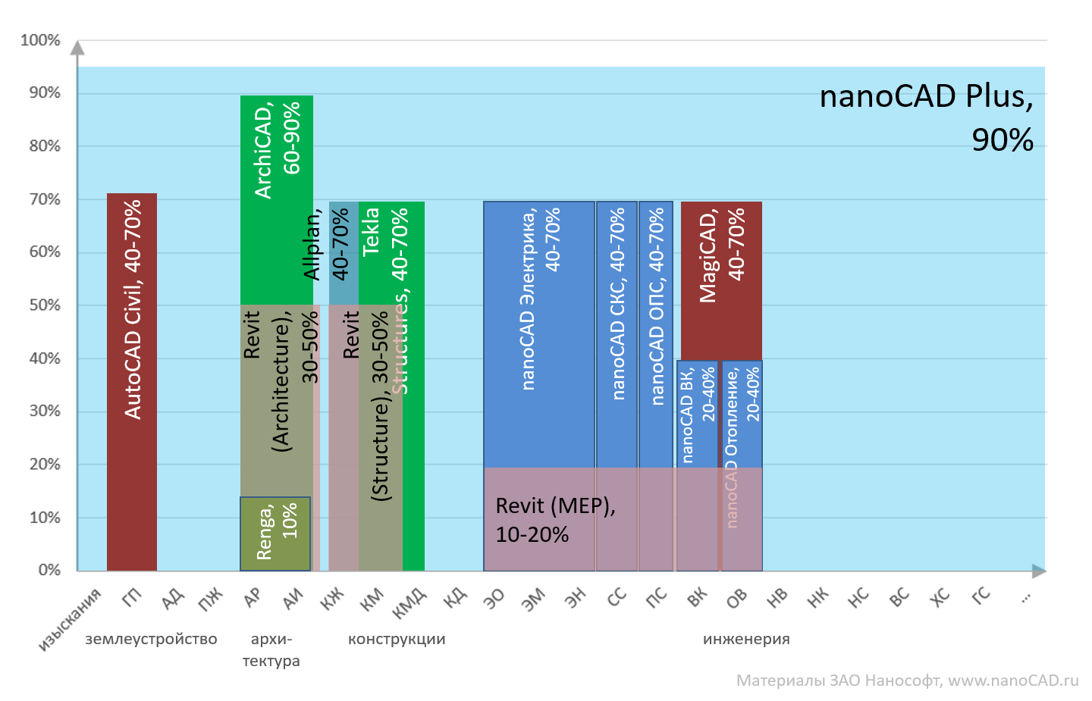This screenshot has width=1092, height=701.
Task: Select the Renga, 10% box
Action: pyautogui.click(x=275, y=533)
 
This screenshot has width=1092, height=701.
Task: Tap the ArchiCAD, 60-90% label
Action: pyautogui.click(x=277, y=151)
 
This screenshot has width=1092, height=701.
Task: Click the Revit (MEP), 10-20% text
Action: pyautogui.click(x=554, y=520)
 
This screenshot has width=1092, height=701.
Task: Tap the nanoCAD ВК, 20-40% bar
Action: pyautogui.click(x=697, y=413)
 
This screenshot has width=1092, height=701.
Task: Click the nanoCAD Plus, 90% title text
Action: pyautogui.click(x=927, y=117)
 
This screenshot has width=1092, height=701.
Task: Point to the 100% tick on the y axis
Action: pyautogui.click(x=40, y=40)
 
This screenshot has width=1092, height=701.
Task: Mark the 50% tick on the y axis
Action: pyautogui.click(x=45, y=305)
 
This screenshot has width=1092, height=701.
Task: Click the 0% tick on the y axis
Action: pyautogui.click(x=49, y=570)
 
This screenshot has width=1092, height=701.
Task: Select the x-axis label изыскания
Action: pyautogui.click(x=70, y=619)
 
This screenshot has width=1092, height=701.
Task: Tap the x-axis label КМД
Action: pyautogui.click(x=410, y=603)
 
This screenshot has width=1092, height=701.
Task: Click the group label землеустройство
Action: pyautogui.click(x=151, y=640)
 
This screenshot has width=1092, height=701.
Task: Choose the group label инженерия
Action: pyautogui.click(x=746, y=640)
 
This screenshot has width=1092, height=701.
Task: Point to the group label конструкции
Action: pyautogui.click(x=397, y=640)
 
